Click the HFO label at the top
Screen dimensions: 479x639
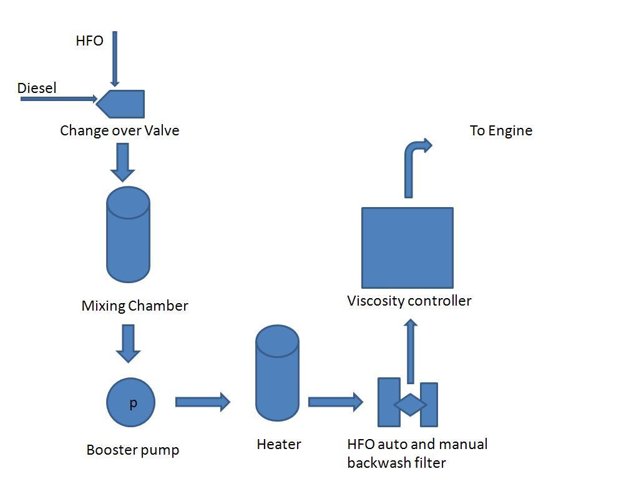click(89, 41)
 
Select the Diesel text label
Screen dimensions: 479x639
click(37, 89)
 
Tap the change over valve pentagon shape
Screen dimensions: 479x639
click(123, 104)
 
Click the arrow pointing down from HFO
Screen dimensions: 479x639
click(115, 59)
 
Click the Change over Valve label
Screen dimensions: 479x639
click(119, 131)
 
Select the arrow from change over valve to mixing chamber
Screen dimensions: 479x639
click(122, 162)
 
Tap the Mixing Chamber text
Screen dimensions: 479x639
click(135, 306)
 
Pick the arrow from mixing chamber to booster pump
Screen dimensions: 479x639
click(128, 342)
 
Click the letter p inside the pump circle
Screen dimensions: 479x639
click(133, 404)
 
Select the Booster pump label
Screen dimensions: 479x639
click(132, 450)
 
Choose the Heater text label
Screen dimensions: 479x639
click(279, 445)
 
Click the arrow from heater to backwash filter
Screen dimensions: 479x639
click(335, 402)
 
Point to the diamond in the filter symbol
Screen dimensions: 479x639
click(410, 405)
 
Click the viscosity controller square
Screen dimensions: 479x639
click(407, 248)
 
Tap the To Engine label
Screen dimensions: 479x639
click(501, 131)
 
